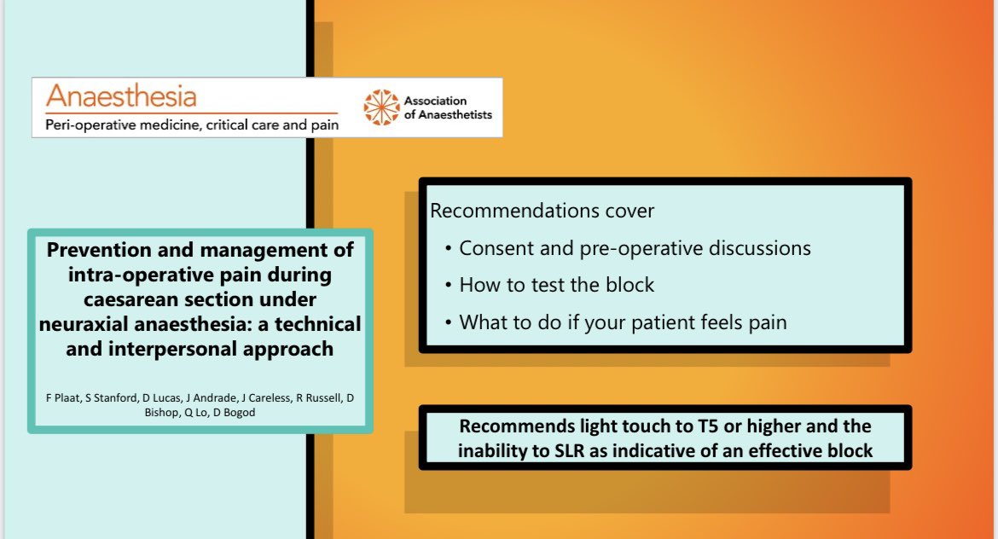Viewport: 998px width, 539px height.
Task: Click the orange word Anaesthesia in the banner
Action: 121,96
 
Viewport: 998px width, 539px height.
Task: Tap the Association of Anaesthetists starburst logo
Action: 382,107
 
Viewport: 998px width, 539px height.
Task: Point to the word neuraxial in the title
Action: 84,324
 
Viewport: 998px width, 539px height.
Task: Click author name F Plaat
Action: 63,397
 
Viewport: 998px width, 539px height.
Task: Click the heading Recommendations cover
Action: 542,211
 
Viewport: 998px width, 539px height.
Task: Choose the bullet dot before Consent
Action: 449,249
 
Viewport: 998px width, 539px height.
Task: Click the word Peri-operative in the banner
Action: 90,125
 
